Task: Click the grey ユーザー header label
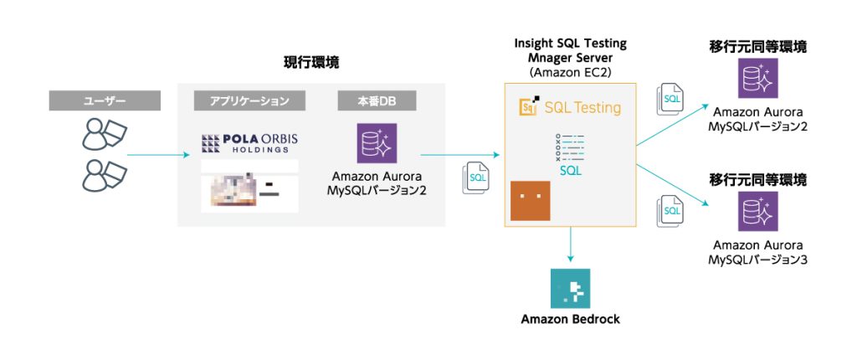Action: click(x=105, y=101)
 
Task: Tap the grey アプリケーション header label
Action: click(x=243, y=101)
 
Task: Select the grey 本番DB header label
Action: click(x=377, y=101)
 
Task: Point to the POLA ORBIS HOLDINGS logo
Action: click(x=249, y=143)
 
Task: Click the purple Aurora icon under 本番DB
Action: click(x=377, y=144)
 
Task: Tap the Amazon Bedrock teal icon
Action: click(x=571, y=289)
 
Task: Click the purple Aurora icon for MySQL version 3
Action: click(x=758, y=211)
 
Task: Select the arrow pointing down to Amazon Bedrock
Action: click(x=570, y=244)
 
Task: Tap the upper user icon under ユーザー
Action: click(x=105, y=134)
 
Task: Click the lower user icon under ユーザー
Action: click(x=105, y=174)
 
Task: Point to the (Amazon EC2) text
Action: click(x=570, y=74)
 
